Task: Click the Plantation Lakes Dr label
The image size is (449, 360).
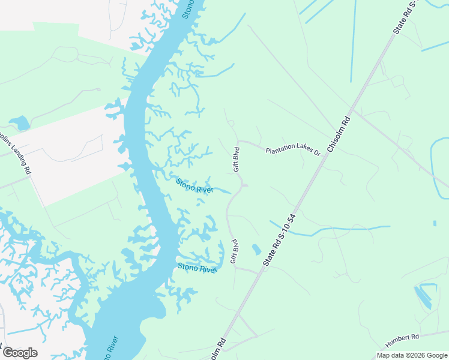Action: point(294,149)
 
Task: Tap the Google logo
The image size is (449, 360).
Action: point(20,353)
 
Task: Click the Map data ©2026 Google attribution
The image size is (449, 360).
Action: point(412,355)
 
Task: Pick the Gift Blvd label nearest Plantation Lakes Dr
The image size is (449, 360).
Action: point(237,159)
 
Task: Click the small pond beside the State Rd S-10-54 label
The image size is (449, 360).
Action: point(256,249)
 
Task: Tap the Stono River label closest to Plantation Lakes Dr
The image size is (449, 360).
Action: point(194,185)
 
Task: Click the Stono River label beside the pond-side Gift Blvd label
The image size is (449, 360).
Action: point(196,268)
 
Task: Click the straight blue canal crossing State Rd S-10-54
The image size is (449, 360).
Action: point(330,230)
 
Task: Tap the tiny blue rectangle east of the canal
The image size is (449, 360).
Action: point(434,223)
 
